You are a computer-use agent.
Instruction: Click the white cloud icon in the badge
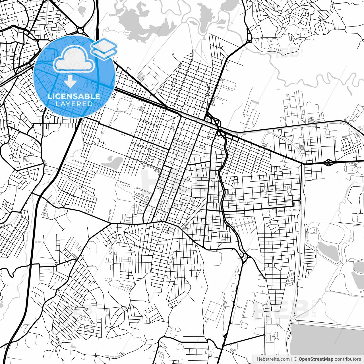(74, 59)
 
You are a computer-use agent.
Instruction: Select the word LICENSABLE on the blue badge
(74, 96)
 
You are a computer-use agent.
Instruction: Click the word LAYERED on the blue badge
(74, 104)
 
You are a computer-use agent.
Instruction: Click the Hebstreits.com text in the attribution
(273, 359)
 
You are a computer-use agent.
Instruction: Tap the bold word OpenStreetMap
(316, 359)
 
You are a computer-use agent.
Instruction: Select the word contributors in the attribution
(348, 359)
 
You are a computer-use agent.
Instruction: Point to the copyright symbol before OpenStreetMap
(295, 359)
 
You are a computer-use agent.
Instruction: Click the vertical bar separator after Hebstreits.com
(292, 359)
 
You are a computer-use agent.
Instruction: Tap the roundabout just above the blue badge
(80, 30)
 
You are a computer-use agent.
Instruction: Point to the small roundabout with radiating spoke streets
(112, 328)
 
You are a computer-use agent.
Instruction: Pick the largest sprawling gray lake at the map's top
(142, 21)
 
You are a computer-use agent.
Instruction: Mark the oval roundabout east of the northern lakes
(249, 37)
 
